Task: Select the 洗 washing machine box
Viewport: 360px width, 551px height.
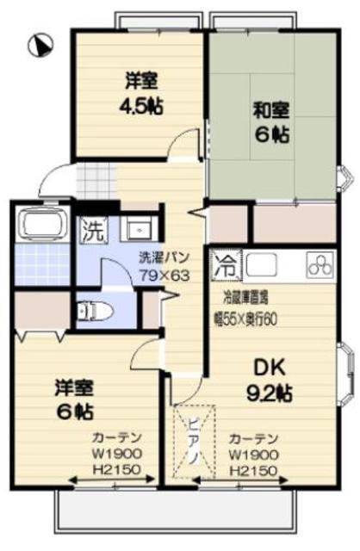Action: [92, 231]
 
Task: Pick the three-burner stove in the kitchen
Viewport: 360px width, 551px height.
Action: [319, 263]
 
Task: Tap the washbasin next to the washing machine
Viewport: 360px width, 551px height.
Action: [136, 229]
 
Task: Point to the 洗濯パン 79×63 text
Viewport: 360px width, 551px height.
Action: [166, 268]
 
